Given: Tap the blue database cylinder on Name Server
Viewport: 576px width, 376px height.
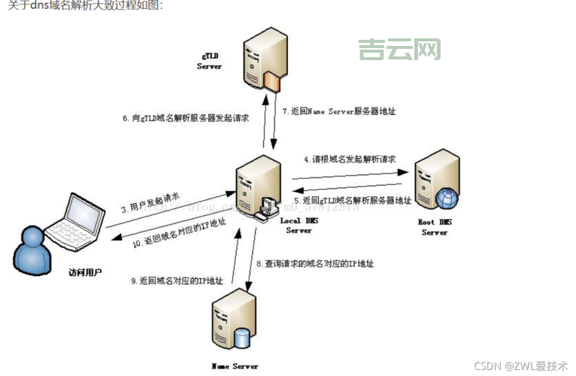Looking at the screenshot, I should tap(243, 338).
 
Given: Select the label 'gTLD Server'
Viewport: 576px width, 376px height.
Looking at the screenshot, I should tap(210, 61).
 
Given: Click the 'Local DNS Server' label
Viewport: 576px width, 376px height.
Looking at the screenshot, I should tap(299, 225).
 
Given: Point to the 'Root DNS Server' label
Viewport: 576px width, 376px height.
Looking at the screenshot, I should tap(435, 227).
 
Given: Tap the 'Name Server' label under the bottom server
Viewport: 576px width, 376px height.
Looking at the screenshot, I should tap(235, 366).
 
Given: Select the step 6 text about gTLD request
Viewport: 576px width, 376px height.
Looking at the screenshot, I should tap(186, 119).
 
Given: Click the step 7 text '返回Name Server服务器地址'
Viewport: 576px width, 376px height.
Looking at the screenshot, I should tap(339, 111).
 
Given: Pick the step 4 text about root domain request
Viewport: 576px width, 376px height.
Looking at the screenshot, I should tap(350, 159).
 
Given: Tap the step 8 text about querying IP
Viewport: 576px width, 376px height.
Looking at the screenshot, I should tap(315, 264).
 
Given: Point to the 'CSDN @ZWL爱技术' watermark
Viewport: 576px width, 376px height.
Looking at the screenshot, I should tap(521, 365).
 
